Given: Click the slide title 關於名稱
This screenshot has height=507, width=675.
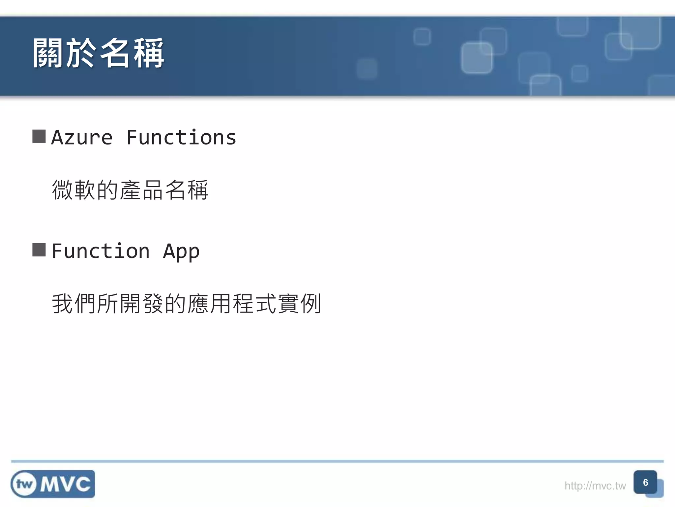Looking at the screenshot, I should click(x=98, y=53).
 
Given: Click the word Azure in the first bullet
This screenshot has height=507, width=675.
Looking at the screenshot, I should click(x=82, y=137).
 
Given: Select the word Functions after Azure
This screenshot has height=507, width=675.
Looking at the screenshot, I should click(x=181, y=137).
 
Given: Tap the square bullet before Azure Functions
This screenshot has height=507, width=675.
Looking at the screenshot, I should click(x=39, y=136).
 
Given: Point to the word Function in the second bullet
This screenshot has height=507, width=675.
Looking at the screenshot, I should click(x=101, y=251).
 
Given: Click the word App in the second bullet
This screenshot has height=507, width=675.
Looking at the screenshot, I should click(x=181, y=252).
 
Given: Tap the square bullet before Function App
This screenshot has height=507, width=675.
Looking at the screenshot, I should click(x=39, y=250).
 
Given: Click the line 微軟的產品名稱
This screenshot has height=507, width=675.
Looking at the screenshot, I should click(x=130, y=190).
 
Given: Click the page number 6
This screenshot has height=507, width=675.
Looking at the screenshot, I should click(x=645, y=482).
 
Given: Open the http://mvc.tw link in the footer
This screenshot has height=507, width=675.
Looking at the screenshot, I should click(x=595, y=486).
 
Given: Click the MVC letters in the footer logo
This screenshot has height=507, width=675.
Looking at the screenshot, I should click(x=65, y=484).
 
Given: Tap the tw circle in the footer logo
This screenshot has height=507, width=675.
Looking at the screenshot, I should click(x=24, y=484).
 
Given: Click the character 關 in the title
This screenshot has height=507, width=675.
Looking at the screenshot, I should click(x=48, y=53).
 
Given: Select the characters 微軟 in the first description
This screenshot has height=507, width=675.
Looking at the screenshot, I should click(x=74, y=190).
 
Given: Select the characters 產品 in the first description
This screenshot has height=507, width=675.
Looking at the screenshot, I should click(x=141, y=190).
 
